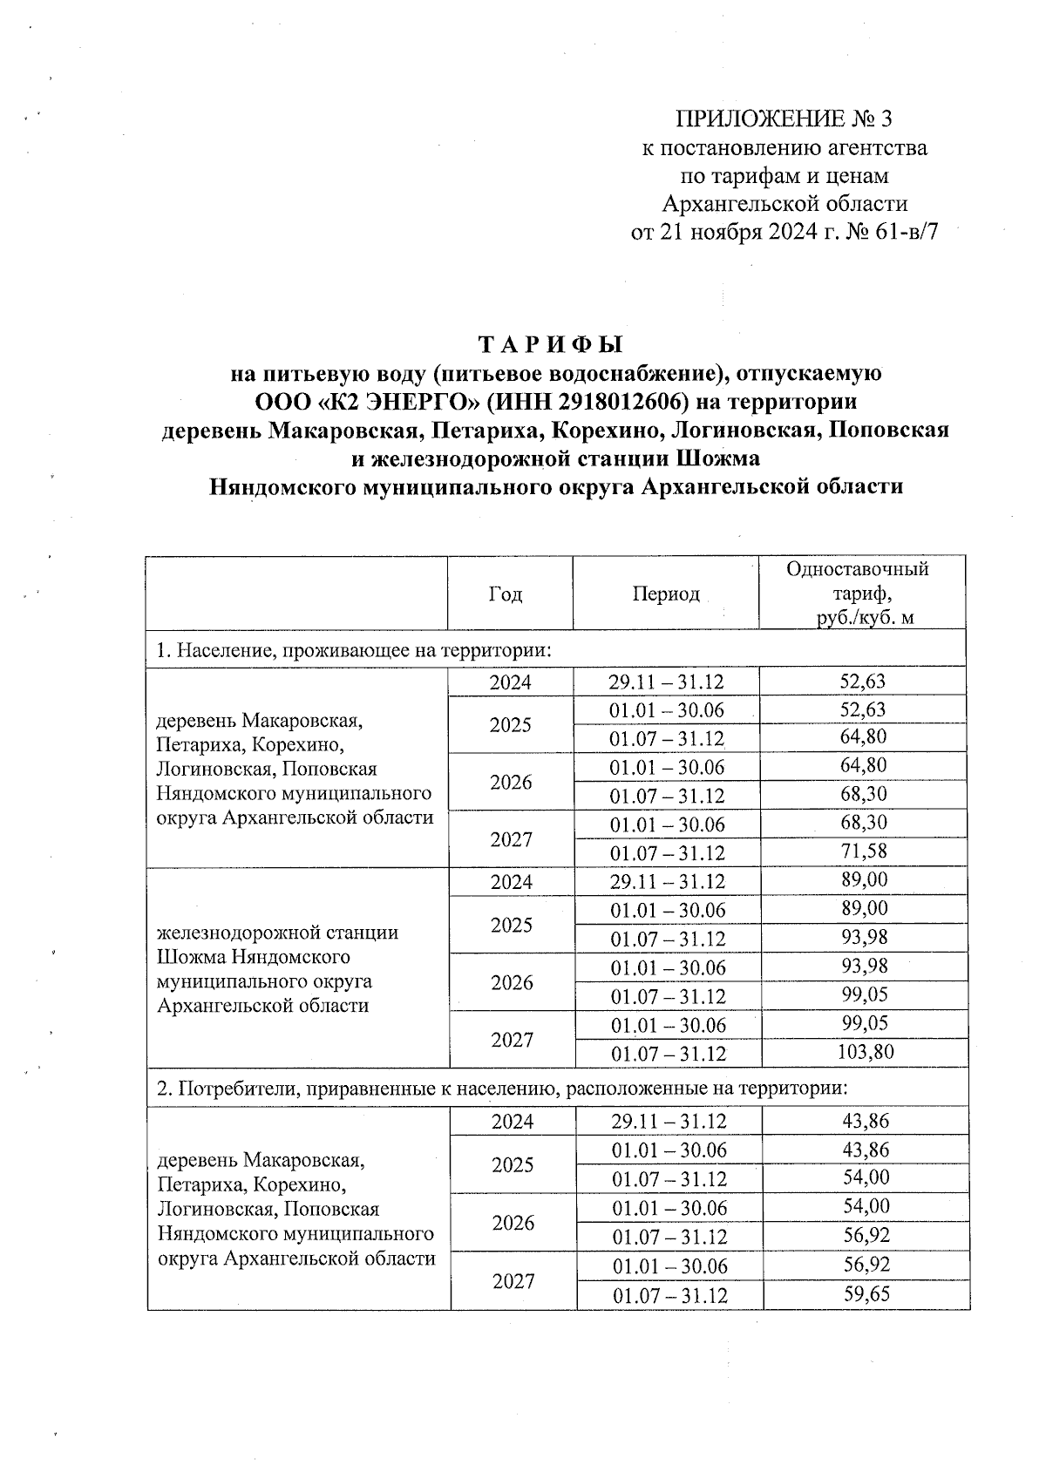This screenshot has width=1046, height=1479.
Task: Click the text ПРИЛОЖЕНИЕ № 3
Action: pos(785,119)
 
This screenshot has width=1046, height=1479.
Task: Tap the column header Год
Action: pos(506,594)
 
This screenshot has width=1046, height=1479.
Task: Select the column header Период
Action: pos(666,594)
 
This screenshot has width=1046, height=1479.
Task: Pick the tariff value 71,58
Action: pos(864,851)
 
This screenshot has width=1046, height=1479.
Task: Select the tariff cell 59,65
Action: pos(866,1294)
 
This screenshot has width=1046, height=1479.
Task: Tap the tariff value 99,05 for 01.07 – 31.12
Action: pos(865,994)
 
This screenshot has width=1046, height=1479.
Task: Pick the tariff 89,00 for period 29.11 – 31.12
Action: pos(865,880)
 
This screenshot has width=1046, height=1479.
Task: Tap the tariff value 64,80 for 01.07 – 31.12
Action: pos(864,737)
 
